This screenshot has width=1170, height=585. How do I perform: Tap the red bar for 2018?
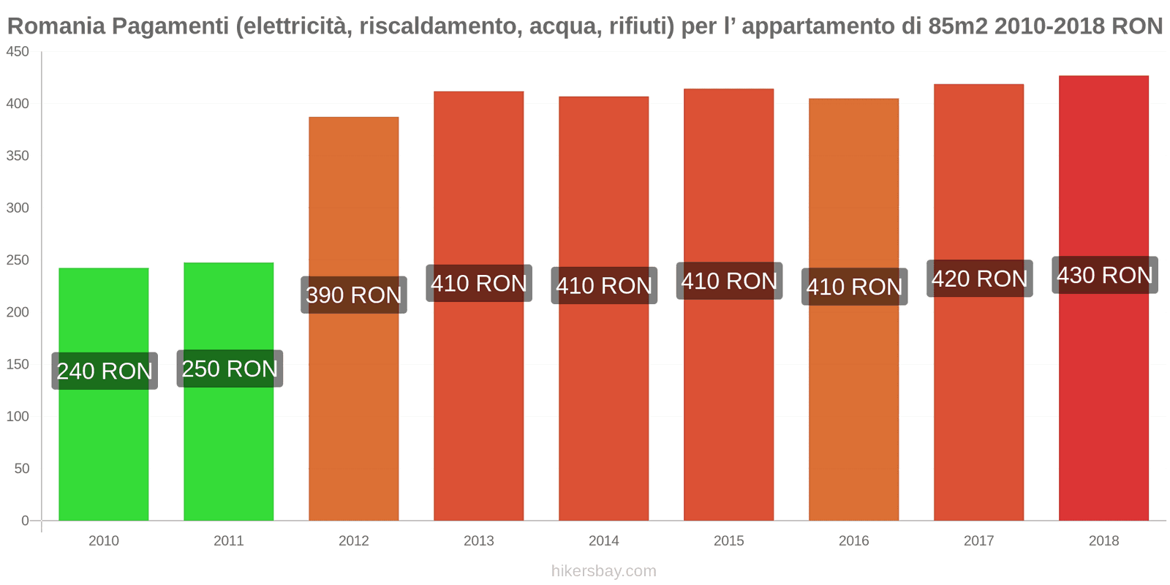(1103, 402)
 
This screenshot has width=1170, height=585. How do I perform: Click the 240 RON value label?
(105, 371)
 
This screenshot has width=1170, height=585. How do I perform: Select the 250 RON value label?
(230, 369)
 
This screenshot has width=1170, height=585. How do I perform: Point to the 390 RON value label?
(354, 295)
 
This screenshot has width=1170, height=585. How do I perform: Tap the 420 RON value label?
(979, 279)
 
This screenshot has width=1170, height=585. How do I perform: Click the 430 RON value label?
(1104, 275)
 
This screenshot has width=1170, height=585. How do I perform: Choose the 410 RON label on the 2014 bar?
(604, 285)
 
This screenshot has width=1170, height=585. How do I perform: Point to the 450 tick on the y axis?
(18, 52)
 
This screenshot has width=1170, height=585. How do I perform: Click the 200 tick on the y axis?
(18, 312)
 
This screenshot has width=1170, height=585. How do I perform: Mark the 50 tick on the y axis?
(21, 469)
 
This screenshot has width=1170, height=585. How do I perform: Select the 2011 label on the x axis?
(228, 541)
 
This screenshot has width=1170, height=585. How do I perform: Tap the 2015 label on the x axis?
(728, 541)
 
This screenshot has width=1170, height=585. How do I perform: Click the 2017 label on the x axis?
(978, 541)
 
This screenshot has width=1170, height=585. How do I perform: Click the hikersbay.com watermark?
(603, 571)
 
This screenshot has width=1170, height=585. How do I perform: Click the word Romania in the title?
(56, 26)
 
